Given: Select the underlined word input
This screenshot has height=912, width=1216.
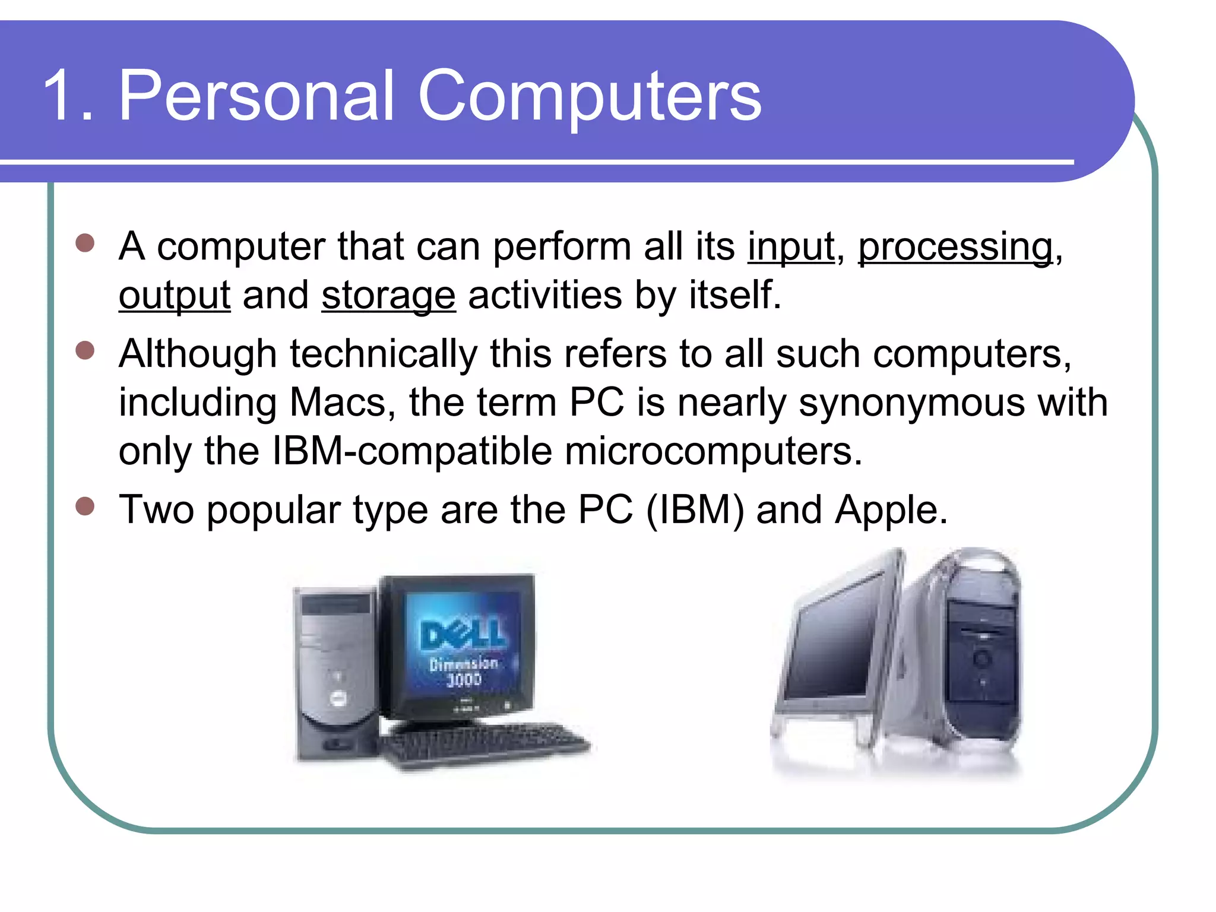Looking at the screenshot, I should [790, 246].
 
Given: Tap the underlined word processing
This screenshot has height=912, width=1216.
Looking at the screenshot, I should [955, 246].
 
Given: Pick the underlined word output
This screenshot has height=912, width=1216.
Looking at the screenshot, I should [174, 296].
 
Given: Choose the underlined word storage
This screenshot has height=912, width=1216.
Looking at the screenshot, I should [388, 296].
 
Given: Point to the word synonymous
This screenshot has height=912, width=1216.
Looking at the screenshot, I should [911, 403].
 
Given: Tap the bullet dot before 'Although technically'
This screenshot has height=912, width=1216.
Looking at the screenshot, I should [85, 350].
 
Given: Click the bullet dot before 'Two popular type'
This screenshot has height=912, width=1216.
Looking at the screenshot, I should [85, 506].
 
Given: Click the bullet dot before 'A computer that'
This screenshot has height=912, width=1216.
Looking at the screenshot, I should [85, 243].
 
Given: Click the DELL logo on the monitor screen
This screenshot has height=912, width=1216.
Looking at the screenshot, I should [463, 634].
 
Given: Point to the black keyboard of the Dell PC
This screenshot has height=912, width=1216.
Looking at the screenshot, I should [484, 742].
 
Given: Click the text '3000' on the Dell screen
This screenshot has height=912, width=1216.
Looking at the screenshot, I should [464, 679].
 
